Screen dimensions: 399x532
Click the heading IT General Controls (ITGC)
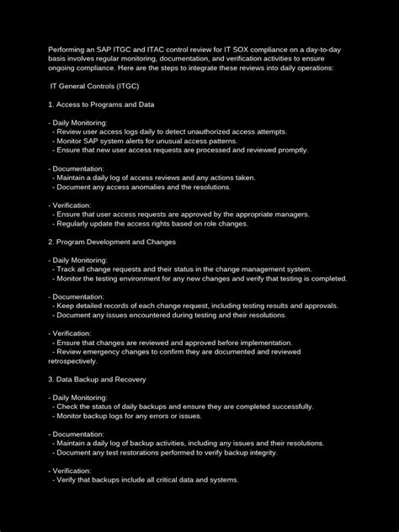pos(96,88)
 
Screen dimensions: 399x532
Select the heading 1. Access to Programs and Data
pos(100,104)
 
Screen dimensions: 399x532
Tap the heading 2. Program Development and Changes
pos(111,242)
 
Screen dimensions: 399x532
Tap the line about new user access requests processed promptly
pos(180,150)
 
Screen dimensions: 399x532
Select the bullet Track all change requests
pos(180,269)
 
